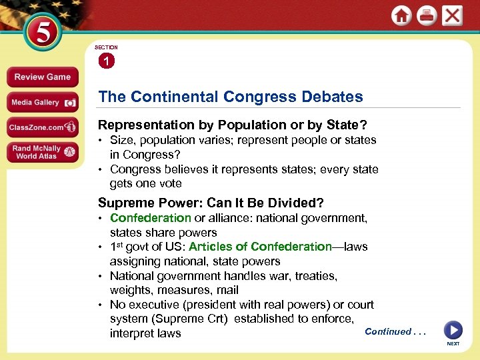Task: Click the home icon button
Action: (401, 16)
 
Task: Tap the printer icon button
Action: (427, 16)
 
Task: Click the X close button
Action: (452, 15)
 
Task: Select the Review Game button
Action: (42, 77)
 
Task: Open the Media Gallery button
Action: (42, 102)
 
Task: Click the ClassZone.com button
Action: (42, 127)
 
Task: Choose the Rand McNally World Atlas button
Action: (42, 152)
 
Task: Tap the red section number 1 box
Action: (107, 61)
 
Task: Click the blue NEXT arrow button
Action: (453, 331)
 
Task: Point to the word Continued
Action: (388, 331)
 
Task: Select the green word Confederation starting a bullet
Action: (151, 218)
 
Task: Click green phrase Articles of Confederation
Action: (260, 247)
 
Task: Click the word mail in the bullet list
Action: (228, 290)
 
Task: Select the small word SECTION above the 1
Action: (106, 47)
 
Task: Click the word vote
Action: (169, 183)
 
